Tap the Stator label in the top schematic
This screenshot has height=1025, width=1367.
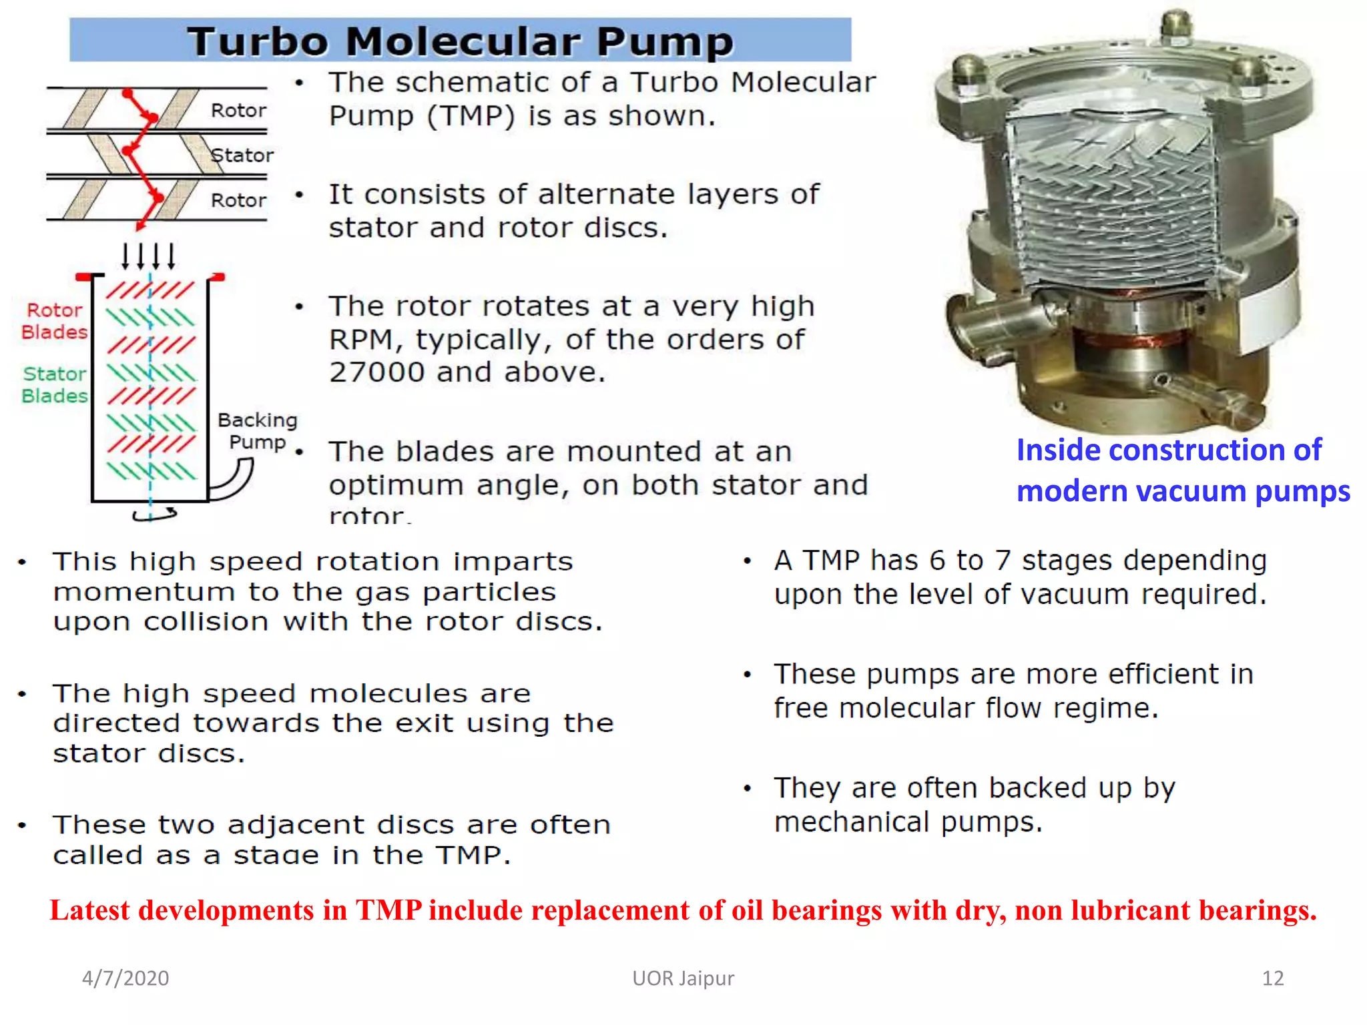tap(242, 155)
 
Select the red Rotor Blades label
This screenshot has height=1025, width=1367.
tap(54, 321)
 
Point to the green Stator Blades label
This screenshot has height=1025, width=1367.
tap(54, 385)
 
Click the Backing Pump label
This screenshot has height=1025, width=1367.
tap(257, 431)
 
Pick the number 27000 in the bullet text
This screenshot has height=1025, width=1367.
tap(376, 372)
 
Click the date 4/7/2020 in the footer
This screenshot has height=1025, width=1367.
tap(125, 978)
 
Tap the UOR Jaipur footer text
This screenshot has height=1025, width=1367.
tap(683, 978)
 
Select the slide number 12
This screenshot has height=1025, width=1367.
tap(1272, 978)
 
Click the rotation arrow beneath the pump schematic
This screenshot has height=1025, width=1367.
tap(155, 515)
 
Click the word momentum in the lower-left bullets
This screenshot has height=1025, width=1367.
tap(144, 593)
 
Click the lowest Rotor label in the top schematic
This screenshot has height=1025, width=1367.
tap(238, 200)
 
